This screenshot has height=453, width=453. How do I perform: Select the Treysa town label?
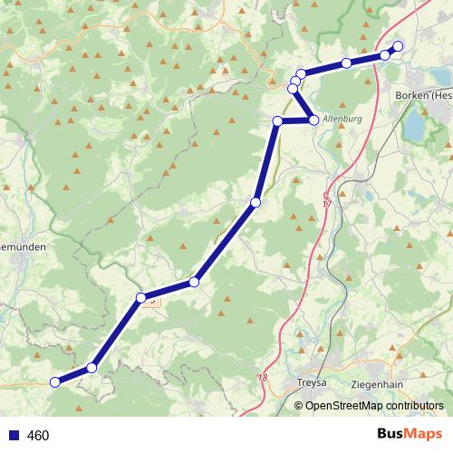(312, 383)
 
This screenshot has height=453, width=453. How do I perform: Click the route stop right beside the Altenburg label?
(313, 120)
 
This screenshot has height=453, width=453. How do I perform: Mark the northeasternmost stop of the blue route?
(397, 46)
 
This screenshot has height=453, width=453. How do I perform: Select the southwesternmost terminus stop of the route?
(54, 382)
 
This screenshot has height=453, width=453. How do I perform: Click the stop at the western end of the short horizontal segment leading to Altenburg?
(278, 120)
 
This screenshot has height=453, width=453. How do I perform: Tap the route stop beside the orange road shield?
(141, 298)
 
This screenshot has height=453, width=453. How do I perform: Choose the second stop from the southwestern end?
(92, 368)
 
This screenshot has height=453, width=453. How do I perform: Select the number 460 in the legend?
(38, 436)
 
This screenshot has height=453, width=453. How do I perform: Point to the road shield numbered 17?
(327, 195)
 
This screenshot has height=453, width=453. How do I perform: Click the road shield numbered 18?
(264, 378)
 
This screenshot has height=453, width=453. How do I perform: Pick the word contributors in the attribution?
(414, 406)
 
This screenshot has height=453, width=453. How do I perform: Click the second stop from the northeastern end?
(385, 55)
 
